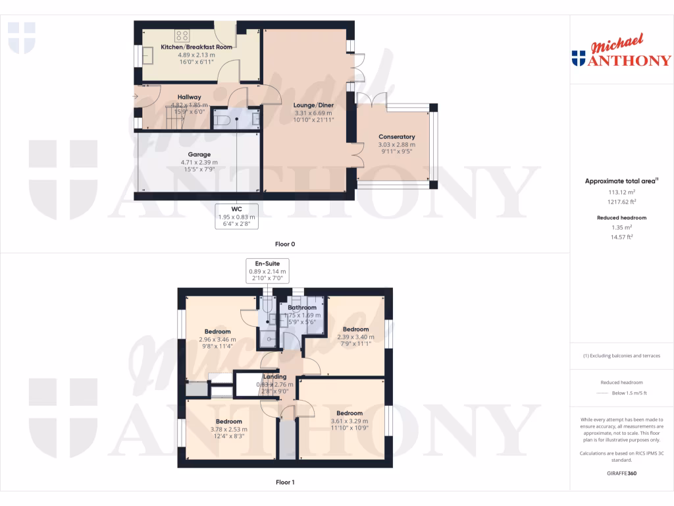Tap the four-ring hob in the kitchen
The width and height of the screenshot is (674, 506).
[182, 36]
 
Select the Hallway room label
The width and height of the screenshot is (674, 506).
[189, 97]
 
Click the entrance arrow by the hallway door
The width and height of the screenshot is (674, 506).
[136, 97]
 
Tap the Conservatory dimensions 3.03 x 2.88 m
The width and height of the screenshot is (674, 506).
[396, 145]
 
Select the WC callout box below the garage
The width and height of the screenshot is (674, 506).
[237, 216]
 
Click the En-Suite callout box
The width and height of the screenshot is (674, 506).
[267, 271]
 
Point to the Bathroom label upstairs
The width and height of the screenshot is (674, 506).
[302, 308]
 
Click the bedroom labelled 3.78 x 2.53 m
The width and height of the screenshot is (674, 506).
[226, 430]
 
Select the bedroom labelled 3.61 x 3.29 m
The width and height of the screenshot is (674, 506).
[349, 421]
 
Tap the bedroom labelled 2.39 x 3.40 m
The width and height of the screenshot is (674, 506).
[355, 337]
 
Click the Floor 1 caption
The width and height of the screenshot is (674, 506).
[285, 482]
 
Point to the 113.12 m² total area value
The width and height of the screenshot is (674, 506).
[611, 194]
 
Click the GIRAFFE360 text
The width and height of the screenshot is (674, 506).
[622, 473]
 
